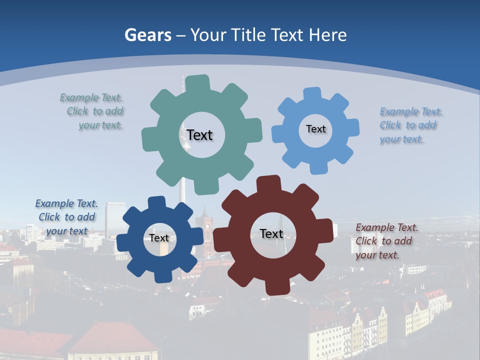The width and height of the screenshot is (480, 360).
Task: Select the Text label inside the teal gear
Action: tap(199, 135)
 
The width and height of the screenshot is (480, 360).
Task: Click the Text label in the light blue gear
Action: tap(315, 129)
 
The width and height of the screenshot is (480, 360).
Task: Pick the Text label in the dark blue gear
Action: tap(159, 238)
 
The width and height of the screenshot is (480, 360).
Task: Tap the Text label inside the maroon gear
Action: tap(271, 233)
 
